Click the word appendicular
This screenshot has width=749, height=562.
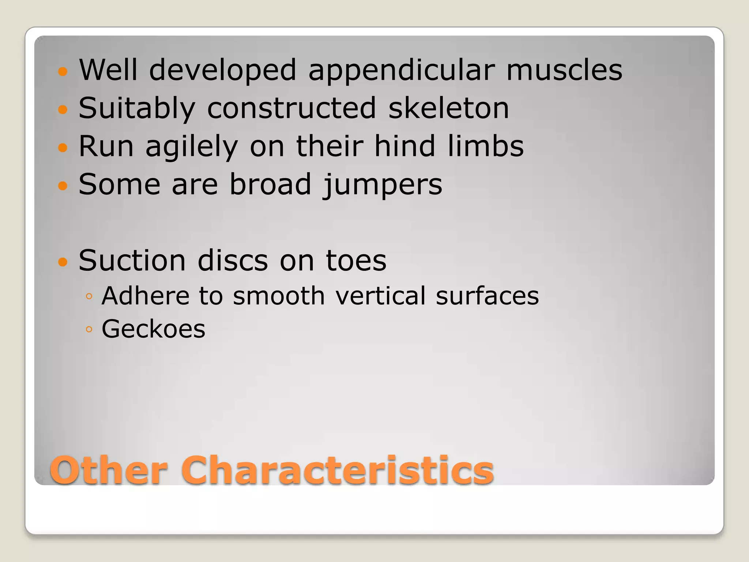401,70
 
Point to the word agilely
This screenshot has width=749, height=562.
192,147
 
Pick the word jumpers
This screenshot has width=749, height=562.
382,185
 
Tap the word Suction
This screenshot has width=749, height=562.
132,261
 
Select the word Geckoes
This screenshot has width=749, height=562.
153,329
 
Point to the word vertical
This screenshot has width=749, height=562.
381,296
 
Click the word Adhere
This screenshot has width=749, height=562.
145,296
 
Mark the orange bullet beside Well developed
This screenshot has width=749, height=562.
63,71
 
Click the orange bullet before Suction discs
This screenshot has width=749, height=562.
63,262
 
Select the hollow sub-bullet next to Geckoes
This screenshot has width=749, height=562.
89,330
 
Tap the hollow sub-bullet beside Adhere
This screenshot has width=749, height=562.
89,296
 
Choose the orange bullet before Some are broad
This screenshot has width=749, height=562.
63,186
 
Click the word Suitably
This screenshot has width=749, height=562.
137,109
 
